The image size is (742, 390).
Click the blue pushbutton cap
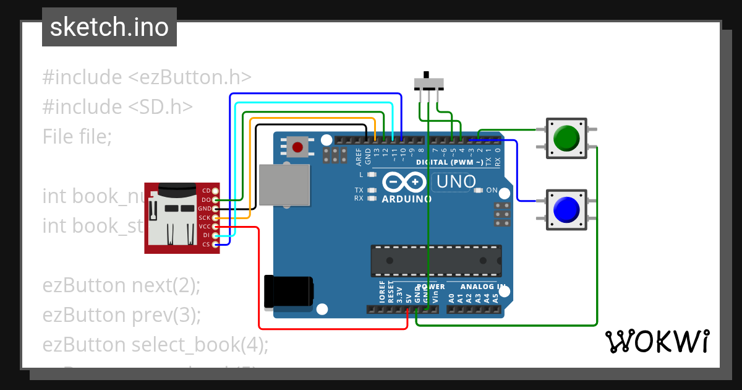click(x=566, y=210)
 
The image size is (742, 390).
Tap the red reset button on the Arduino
click(x=298, y=147)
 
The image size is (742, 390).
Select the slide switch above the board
click(x=429, y=82)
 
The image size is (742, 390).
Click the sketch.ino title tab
click(x=109, y=27)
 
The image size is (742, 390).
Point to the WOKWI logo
click(x=657, y=341)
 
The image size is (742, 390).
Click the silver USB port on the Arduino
click(x=284, y=184)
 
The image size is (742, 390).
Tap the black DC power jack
click(x=288, y=292)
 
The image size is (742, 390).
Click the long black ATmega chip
click(x=435, y=261)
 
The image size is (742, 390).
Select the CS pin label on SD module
click(x=206, y=245)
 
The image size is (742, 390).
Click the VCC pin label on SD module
click(x=205, y=227)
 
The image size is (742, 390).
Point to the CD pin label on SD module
click(x=206, y=191)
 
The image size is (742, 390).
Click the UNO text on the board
click(x=456, y=181)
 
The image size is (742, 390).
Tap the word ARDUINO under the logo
click(x=406, y=199)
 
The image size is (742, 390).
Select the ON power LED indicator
click(x=478, y=190)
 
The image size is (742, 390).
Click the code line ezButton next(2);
click(x=122, y=285)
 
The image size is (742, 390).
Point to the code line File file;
click(x=77, y=136)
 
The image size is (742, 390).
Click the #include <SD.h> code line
click(x=117, y=106)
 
